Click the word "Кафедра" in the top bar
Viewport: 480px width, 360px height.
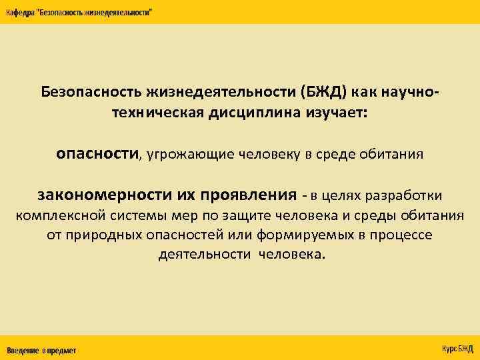point(22,13)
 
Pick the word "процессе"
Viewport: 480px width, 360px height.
point(401,235)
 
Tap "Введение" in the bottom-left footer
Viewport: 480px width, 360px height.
point(23,350)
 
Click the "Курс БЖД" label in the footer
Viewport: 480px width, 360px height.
point(457,349)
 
